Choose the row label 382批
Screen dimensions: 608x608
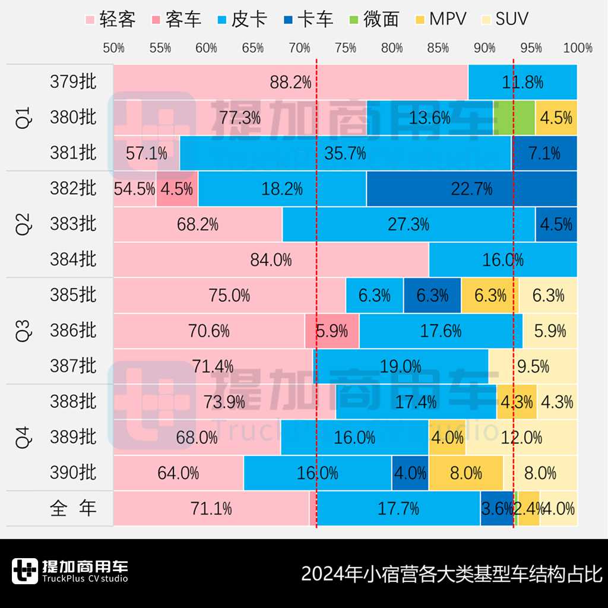point(73,188)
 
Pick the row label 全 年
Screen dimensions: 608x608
point(73,508)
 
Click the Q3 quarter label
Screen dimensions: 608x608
point(22,330)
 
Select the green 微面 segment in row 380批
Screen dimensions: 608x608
point(514,118)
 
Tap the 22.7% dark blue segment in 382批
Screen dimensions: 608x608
point(471,189)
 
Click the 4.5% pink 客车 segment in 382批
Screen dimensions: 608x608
point(177,189)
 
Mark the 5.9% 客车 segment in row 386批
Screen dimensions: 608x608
point(332,331)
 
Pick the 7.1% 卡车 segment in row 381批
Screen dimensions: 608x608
point(544,153)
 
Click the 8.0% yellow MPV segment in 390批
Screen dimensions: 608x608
point(466,473)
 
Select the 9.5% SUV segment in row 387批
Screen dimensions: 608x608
point(533,366)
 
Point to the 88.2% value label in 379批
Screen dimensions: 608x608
point(290,83)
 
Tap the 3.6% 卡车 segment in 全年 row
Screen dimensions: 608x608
point(497,508)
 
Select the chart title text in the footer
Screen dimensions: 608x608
point(452,574)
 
